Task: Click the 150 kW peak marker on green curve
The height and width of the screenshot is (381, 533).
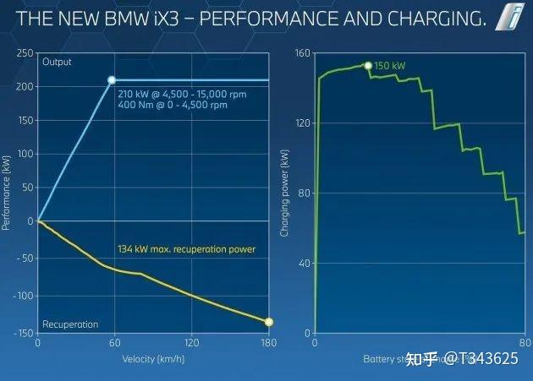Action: point(367,65)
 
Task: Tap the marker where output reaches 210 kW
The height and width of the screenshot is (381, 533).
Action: point(112,80)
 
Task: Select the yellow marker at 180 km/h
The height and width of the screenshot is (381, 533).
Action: point(269,322)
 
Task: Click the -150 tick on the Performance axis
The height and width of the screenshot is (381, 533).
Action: point(21,334)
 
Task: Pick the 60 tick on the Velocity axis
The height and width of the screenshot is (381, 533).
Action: point(114,344)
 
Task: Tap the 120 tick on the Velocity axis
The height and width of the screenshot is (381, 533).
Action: point(191,344)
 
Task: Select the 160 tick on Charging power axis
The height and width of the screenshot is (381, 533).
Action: point(302,52)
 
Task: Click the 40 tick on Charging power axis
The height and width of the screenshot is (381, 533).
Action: point(304,264)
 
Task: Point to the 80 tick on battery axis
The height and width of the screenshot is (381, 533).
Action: point(524,344)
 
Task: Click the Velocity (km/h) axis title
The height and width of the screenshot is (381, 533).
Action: point(152,358)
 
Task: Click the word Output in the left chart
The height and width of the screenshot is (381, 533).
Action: point(57,62)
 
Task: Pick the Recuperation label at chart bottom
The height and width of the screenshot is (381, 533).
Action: point(69,324)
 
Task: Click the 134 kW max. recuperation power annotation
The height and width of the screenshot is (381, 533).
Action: point(186,249)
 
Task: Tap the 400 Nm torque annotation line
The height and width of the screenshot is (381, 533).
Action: point(173,106)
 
